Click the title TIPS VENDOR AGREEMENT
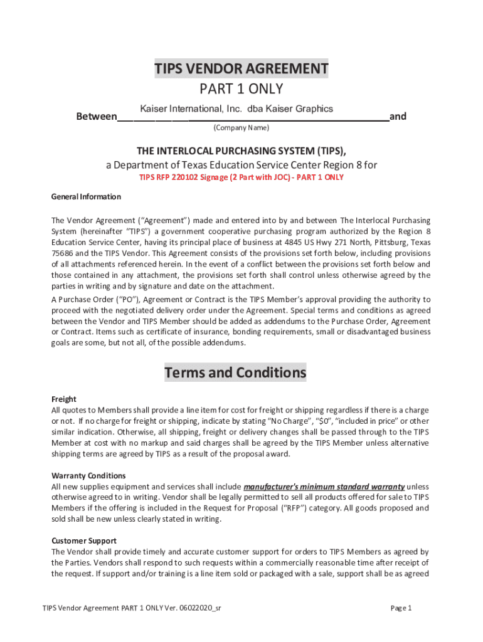click(x=242, y=69)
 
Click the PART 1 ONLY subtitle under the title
click(x=242, y=89)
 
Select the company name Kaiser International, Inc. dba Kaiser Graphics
click(x=236, y=109)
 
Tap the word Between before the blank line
click(x=96, y=117)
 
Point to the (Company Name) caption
click(x=242, y=128)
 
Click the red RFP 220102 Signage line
click(x=242, y=177)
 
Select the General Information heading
click(x=86, y=197)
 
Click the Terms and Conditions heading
click(x=235, y=373)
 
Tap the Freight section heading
click(x=63, y=399)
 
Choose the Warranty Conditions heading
click(x=88, y=476)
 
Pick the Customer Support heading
click(x=83, y=540)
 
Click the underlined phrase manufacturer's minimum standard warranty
click(x=324, y=487)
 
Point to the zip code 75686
click(x=63, y=253)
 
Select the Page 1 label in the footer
click(x=400, y=608)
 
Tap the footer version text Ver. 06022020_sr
click(x=188, y=608)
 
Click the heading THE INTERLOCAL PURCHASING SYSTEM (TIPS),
click(x=242, y=151)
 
